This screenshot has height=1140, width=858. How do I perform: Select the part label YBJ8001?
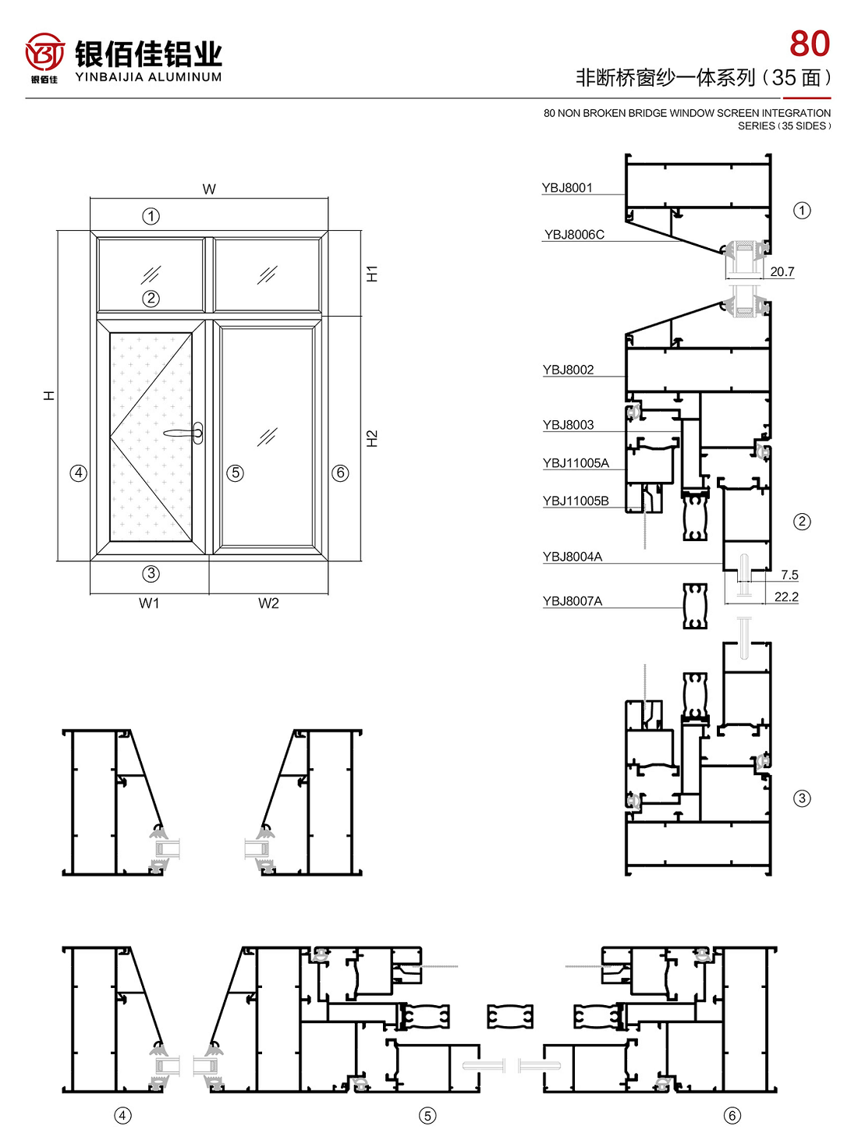566,187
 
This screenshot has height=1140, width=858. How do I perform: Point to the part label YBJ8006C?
574,234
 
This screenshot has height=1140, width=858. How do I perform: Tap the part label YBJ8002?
568,370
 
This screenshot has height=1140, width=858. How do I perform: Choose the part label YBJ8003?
568,424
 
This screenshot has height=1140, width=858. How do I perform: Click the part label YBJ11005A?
576,462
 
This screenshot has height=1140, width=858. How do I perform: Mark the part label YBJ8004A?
573,556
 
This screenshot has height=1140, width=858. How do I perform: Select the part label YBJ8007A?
573,600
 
